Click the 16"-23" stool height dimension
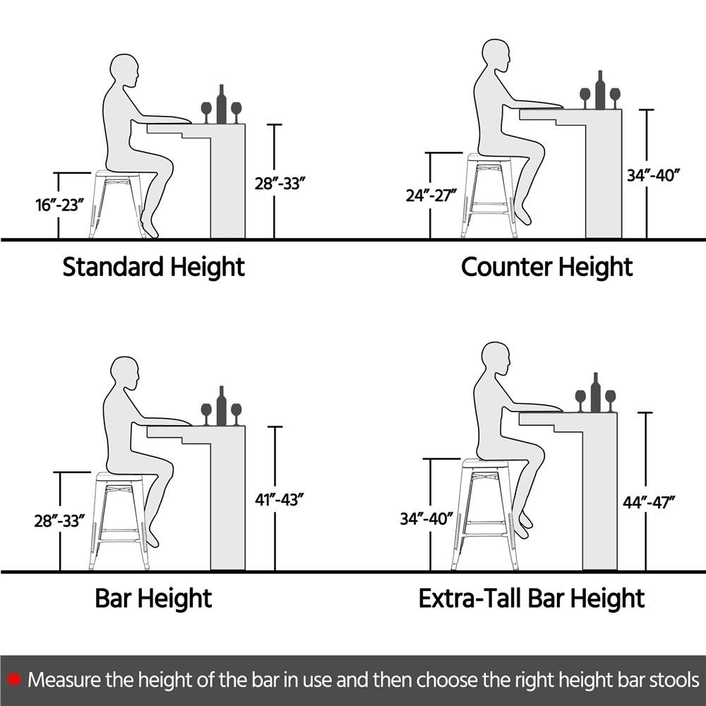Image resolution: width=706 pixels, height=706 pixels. coord(60,205)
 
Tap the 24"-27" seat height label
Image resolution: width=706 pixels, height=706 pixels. coord(431,196)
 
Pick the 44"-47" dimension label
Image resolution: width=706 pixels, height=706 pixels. coord(649,502)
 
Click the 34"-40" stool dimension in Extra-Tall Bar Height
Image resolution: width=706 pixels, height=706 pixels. coord(426,518)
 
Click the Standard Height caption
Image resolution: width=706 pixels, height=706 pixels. coord(153,268)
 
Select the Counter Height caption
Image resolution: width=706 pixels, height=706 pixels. coord(546,268)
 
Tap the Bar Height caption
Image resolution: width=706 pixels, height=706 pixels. coord(153,599)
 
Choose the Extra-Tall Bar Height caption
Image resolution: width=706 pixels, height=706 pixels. coord(532,599)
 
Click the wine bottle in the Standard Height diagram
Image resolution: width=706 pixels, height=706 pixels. coord(221,104)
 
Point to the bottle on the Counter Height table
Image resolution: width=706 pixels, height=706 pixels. coord(599,90)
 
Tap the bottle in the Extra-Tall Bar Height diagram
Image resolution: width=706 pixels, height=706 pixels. coord(595,392)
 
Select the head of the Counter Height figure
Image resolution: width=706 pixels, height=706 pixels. coord(496,56)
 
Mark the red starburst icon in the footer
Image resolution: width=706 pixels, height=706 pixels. coord(13,679)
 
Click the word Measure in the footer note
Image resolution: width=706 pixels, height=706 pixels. coord(64,679)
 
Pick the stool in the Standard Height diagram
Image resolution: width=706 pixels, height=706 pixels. coord(119,205)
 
